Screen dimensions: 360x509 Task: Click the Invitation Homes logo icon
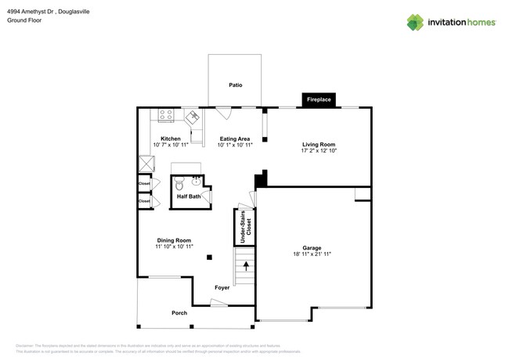pyautogui.click(x=415, y=23)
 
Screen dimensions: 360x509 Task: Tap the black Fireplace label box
pyautogui.click(x=319, y=99)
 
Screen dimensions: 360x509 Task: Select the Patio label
pyautogui.click(x=235, y=85)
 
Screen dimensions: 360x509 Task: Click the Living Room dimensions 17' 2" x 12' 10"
pyautogui.click(x=319, y=150)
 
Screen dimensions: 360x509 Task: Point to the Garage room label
pyautogui.click(x=312, y=248)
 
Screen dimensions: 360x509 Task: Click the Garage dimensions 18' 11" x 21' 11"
pyautogui.click(x=312, y=254)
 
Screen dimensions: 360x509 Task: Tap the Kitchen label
pyautogui.click(x=171, y=139)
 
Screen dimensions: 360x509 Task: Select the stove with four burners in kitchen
pyautogui.click(x=166, y=115)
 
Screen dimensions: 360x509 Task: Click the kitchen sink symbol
pyautogui.click(x=192, y=117)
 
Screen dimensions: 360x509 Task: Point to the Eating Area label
pyautogui.click(x=234, y=139)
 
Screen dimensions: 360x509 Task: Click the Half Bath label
pyautogui.click(x=188, y=196)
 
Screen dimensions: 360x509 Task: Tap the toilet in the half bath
pyautogui.click(x=179, y=185)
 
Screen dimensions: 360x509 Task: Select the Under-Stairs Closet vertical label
pyautogui.click(x=243, y=227)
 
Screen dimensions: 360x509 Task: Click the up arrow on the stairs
pyautogui.click(x=246, y=267)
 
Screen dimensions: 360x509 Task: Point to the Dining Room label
pyautogui.click(x=173, y=240)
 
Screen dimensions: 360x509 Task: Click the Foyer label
pyautogui.click(x=222, y=287)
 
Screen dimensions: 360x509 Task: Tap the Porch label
pyautogui.click(x=179, y=313)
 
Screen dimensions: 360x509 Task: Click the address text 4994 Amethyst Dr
pyautogui.click(x=33, y=10)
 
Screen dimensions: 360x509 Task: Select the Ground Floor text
pyautogui.click(x=24, y=20)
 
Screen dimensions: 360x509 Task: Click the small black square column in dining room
pyautogui.click(x=209, y=257)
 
